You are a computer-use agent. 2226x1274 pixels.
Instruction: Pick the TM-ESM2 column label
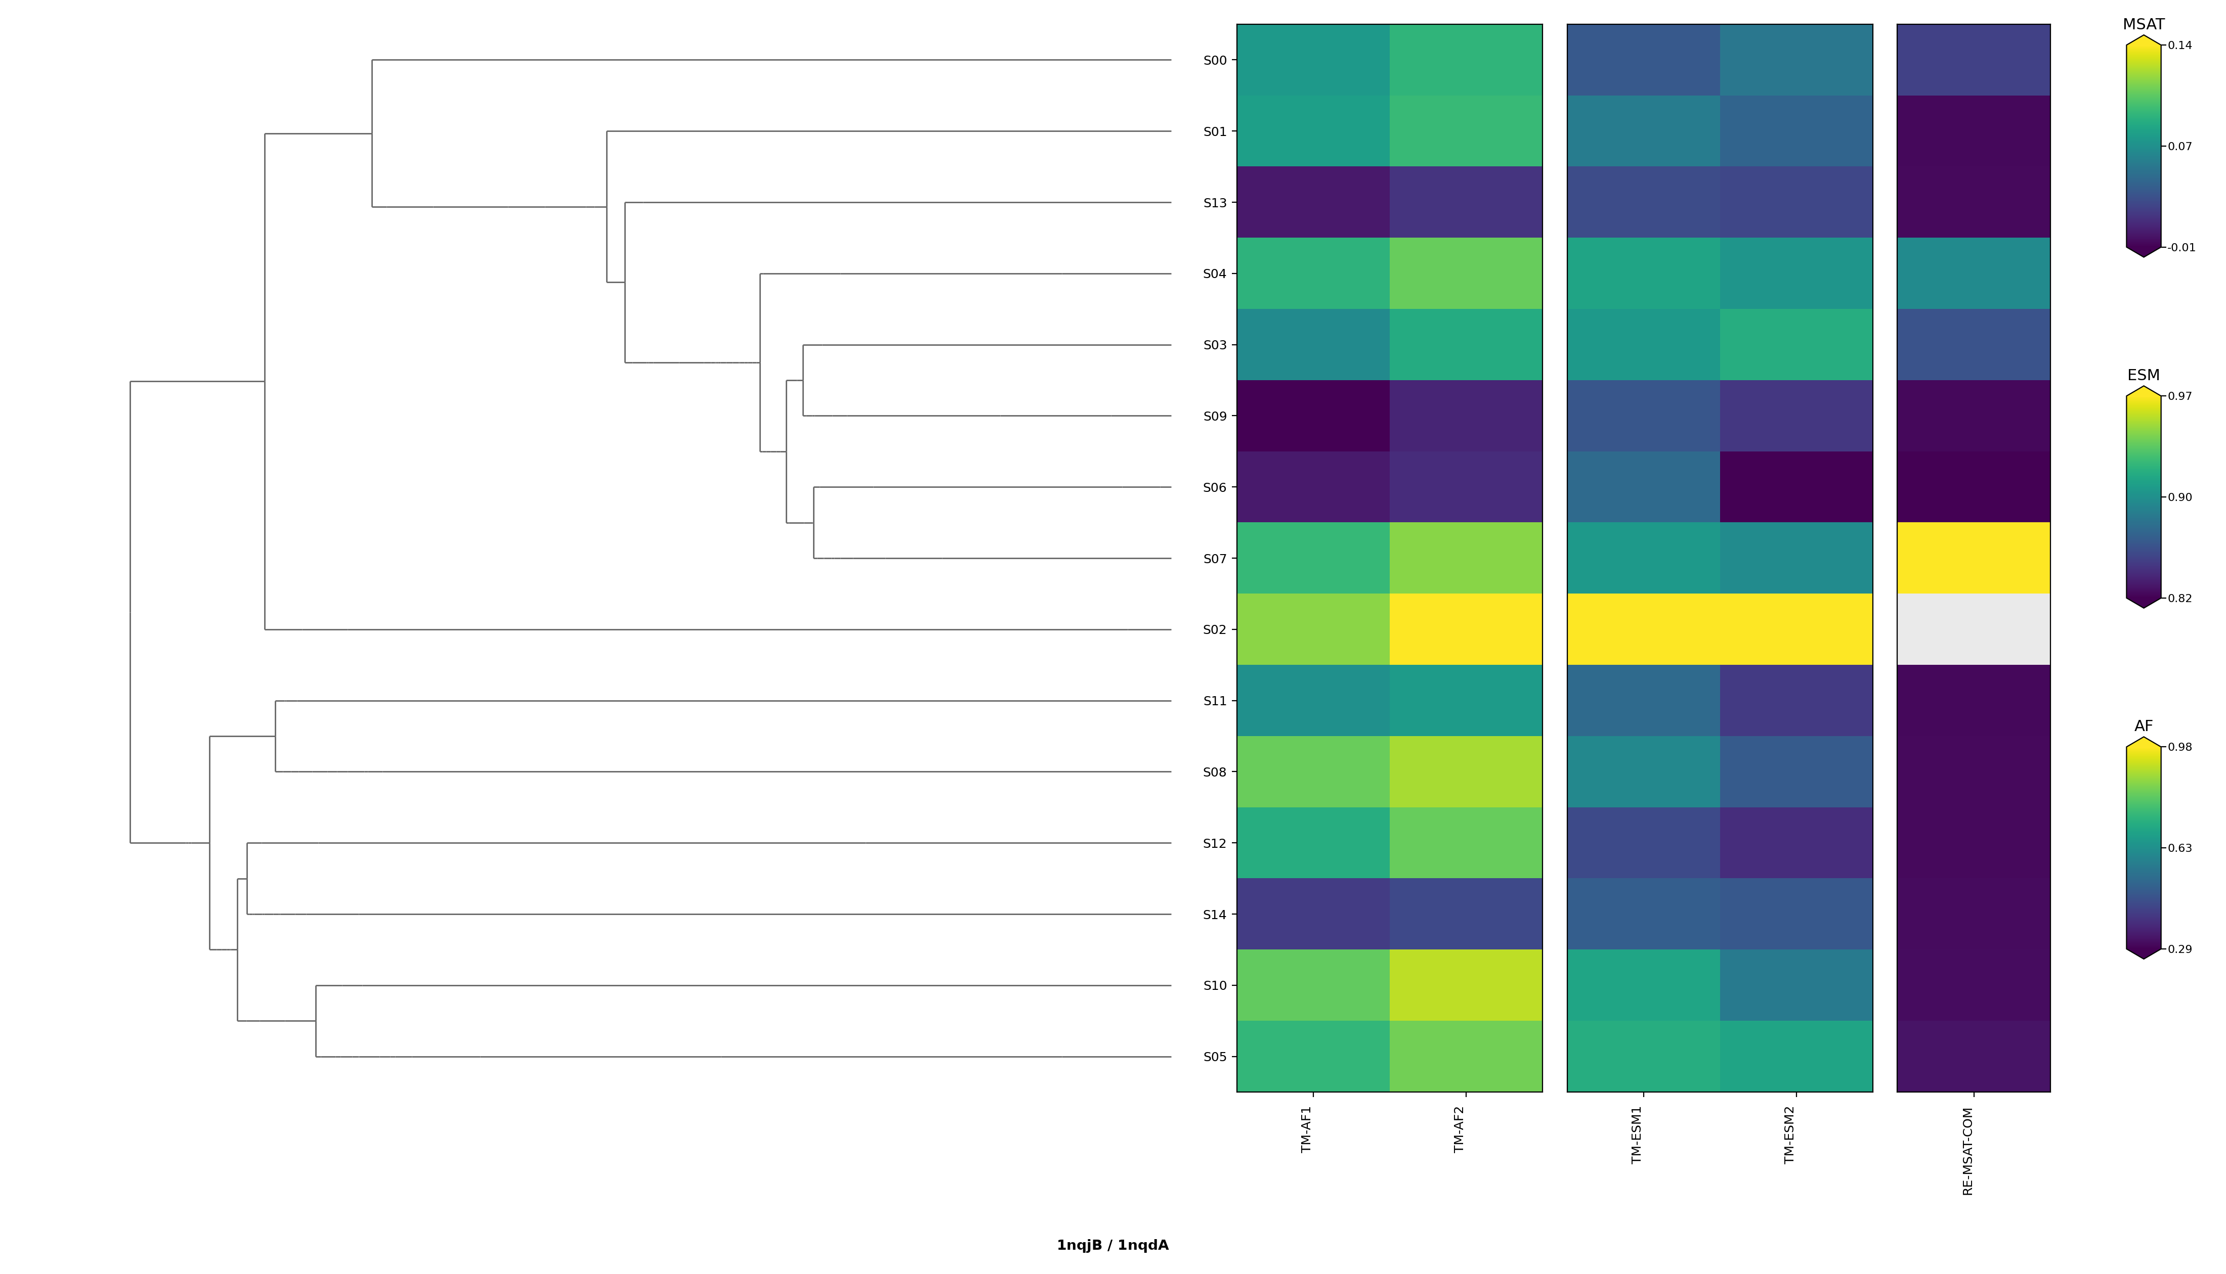[1789, 1135]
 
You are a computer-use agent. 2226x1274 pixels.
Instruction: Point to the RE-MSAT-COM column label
[1968, 1152]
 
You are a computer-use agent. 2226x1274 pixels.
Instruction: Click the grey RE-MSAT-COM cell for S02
[1973, 630]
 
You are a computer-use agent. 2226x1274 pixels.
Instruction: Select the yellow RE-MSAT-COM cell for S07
[1973, 558]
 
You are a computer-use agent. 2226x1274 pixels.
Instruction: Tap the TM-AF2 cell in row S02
[1465, 630]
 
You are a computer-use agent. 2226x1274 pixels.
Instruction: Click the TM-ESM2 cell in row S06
[1795, 487]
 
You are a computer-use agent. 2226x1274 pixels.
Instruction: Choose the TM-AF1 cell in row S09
[1313, 417]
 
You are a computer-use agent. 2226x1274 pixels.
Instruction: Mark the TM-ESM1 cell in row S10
[1643, 986]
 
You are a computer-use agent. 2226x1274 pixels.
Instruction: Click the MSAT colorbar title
[2144, 24]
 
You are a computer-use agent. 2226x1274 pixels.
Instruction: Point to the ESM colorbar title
[2143, 375]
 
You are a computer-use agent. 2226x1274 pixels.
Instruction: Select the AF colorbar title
[2143, 726]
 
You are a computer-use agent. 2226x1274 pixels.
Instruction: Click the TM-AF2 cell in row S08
[1465, 772]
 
